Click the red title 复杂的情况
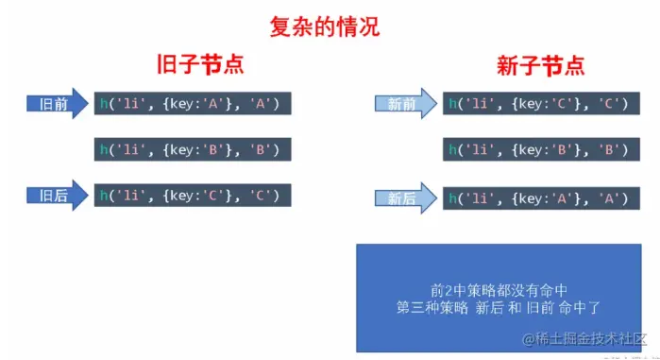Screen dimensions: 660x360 coord(325,27)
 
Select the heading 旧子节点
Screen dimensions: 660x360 coord(200,64)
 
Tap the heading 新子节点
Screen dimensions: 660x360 coord(541,65)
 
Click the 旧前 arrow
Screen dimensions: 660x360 coord(58,104)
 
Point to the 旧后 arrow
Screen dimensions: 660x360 coord(58,196)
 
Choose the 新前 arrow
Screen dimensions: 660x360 coord(406,104)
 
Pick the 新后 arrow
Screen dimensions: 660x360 coord(406,197)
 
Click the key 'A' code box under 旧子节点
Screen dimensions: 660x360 coord(193,103)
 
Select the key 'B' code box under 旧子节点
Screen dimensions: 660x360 coord(193,149)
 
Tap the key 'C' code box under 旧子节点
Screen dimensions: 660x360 coord(193,195)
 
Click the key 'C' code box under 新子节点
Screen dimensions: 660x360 coord(541,103)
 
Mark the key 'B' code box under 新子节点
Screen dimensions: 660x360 coord(541,149)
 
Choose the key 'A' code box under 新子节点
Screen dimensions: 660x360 coord(541,197)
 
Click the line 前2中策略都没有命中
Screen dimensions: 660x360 coord(499,290)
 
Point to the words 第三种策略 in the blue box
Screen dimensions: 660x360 coord(432,308)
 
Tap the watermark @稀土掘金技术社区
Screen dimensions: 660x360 coord(584,338)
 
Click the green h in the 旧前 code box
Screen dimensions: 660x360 coord(104,103)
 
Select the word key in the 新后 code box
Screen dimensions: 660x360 coord(531,198)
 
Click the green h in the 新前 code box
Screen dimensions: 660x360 coord(452,103)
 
